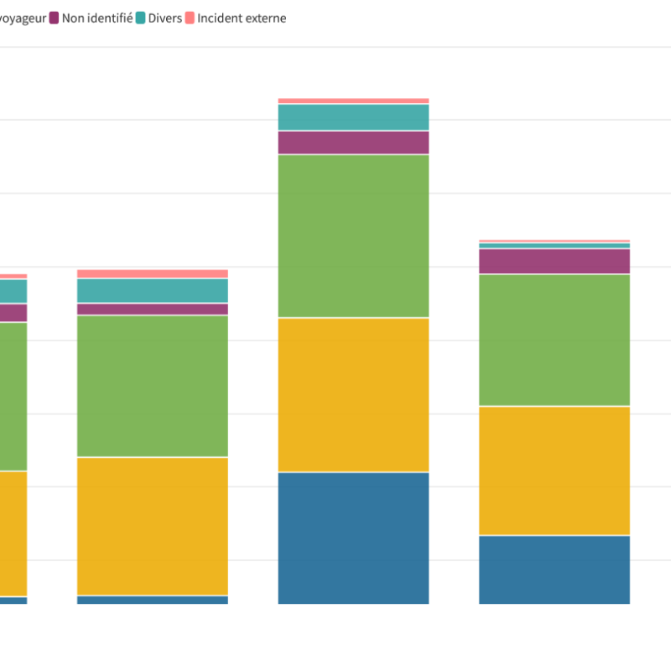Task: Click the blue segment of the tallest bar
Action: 353,538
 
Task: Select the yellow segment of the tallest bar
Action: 353,394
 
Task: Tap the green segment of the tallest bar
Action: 353,236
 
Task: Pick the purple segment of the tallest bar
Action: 353,143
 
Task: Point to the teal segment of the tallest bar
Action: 353,117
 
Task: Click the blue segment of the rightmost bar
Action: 554,570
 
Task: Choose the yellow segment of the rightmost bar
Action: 554,471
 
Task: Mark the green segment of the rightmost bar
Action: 554,340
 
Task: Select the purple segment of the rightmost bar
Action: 554,262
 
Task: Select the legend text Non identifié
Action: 97,18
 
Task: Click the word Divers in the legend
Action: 164,18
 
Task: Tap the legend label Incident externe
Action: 242,18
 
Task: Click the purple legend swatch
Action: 55,18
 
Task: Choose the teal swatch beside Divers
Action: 141,18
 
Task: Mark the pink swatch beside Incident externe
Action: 190,18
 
